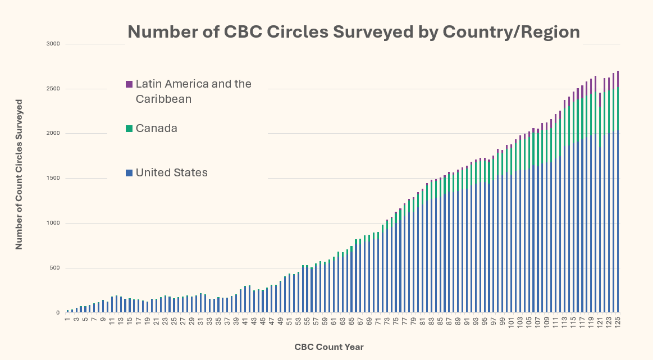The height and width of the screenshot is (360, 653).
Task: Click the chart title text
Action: click(x=354, y=31)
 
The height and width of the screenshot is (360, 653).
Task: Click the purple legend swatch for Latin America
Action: click(x=129, y=84)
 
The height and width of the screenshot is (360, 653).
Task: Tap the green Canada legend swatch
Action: click(x=129, y=129)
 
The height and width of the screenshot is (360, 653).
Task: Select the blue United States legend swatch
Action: click(x=129, y=173)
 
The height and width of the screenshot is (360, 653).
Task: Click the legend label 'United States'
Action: click(x=171, y=173)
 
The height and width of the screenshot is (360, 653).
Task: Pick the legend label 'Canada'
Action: click(x=156, y=129)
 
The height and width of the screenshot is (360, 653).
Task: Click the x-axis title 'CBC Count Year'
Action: click(x=329, y=347)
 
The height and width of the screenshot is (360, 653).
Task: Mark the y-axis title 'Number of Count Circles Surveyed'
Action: click(x=19, y=174)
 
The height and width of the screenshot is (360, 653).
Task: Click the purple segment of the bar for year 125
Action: click(x=618, y=79)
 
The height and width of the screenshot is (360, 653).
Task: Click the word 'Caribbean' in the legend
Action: click(x=163, y=99)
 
